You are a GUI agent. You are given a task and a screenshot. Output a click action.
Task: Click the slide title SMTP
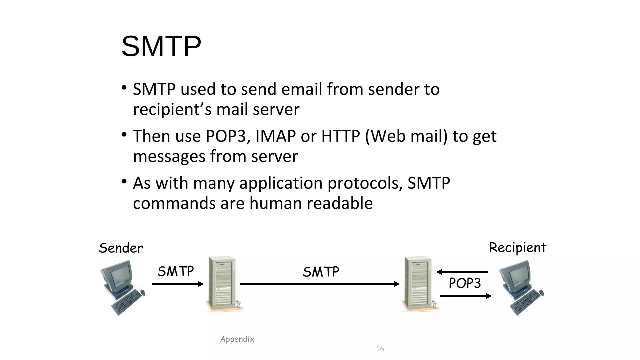pos(161,47)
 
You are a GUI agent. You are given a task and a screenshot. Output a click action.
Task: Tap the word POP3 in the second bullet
pos(226,136)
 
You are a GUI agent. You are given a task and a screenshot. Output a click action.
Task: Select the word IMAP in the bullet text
pos(275,136)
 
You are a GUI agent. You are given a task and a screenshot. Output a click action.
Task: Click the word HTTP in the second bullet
pos(341,136)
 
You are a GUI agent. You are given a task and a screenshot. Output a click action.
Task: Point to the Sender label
pos(121,248)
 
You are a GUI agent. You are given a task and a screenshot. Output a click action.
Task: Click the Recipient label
pos(517,247)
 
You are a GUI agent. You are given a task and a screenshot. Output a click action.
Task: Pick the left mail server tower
pos(222,283)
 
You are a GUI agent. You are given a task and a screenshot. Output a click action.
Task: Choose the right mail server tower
pos(418,283)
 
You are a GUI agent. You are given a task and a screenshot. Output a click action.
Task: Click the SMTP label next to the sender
pos(176,271)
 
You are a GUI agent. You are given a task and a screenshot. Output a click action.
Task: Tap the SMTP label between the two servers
pos(321,272)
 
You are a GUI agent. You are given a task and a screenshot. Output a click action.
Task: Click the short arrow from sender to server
pos(177,284)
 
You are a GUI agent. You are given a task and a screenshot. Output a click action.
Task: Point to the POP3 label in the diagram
pos(465,283)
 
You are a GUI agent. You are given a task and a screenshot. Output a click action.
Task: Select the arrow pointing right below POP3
pos(466,296)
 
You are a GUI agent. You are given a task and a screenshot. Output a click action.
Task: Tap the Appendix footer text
pos(237,339)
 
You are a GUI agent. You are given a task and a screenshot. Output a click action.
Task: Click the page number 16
pos(380,349)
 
